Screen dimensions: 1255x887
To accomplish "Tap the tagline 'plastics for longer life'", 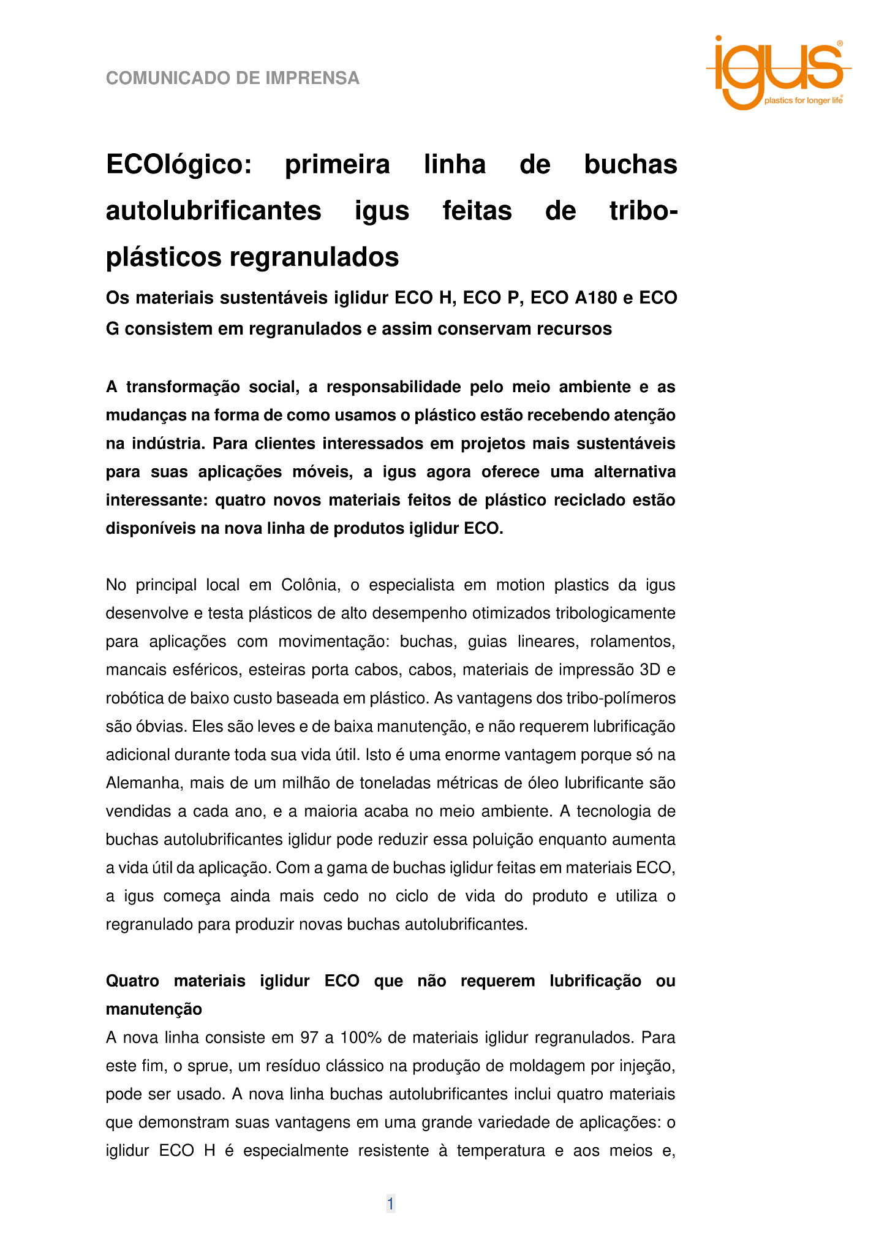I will point(803,100).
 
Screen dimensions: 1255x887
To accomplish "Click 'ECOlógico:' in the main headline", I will point(179,165).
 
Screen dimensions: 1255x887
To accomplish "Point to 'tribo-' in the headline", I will point(643,211).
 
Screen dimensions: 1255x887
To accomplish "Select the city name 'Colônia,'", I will point(311,585).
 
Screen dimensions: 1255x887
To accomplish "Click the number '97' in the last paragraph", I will point(309,1038).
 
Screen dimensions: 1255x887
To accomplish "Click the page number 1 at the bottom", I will point(390,1204).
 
